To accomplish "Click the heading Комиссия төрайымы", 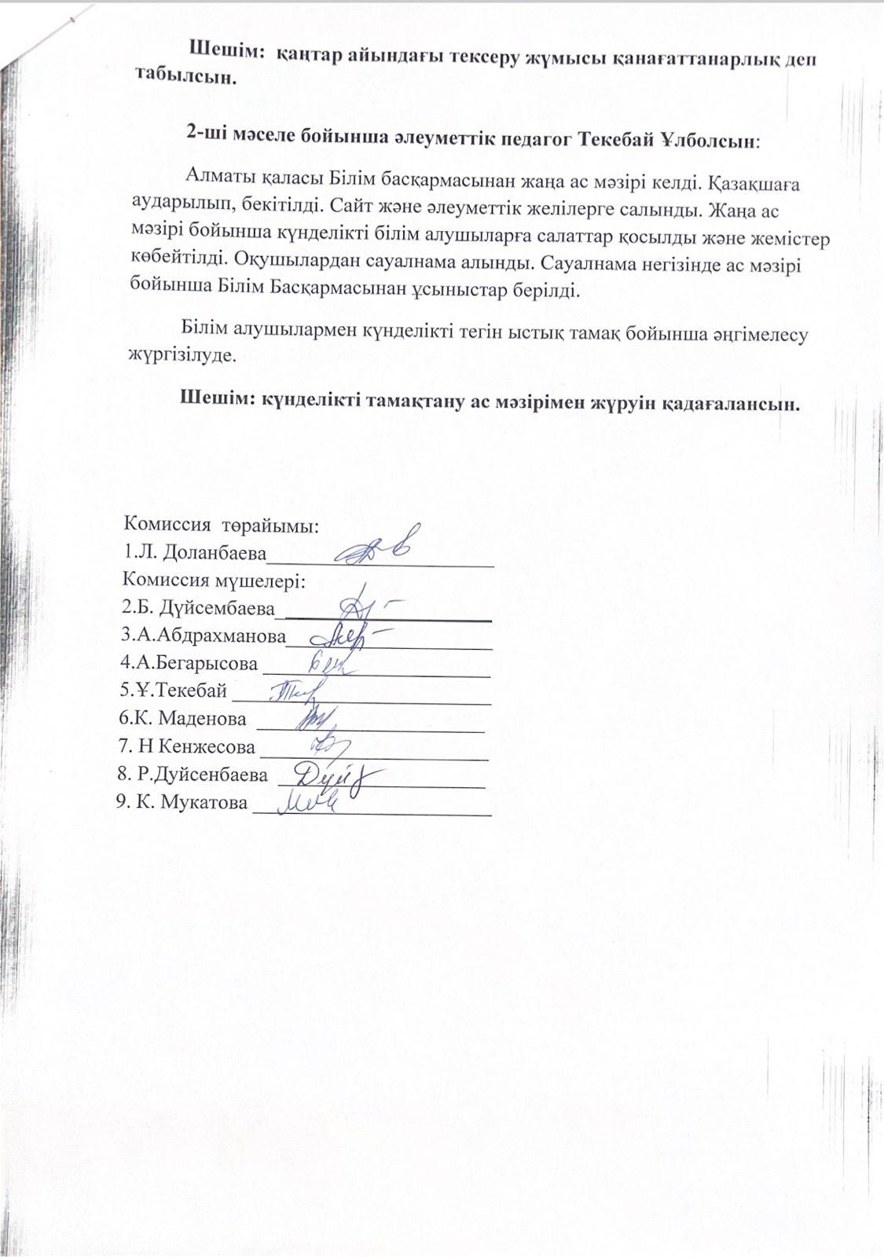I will pos(221,526).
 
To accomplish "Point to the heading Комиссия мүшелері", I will pos(214,581).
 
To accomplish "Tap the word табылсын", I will pos(185,78).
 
